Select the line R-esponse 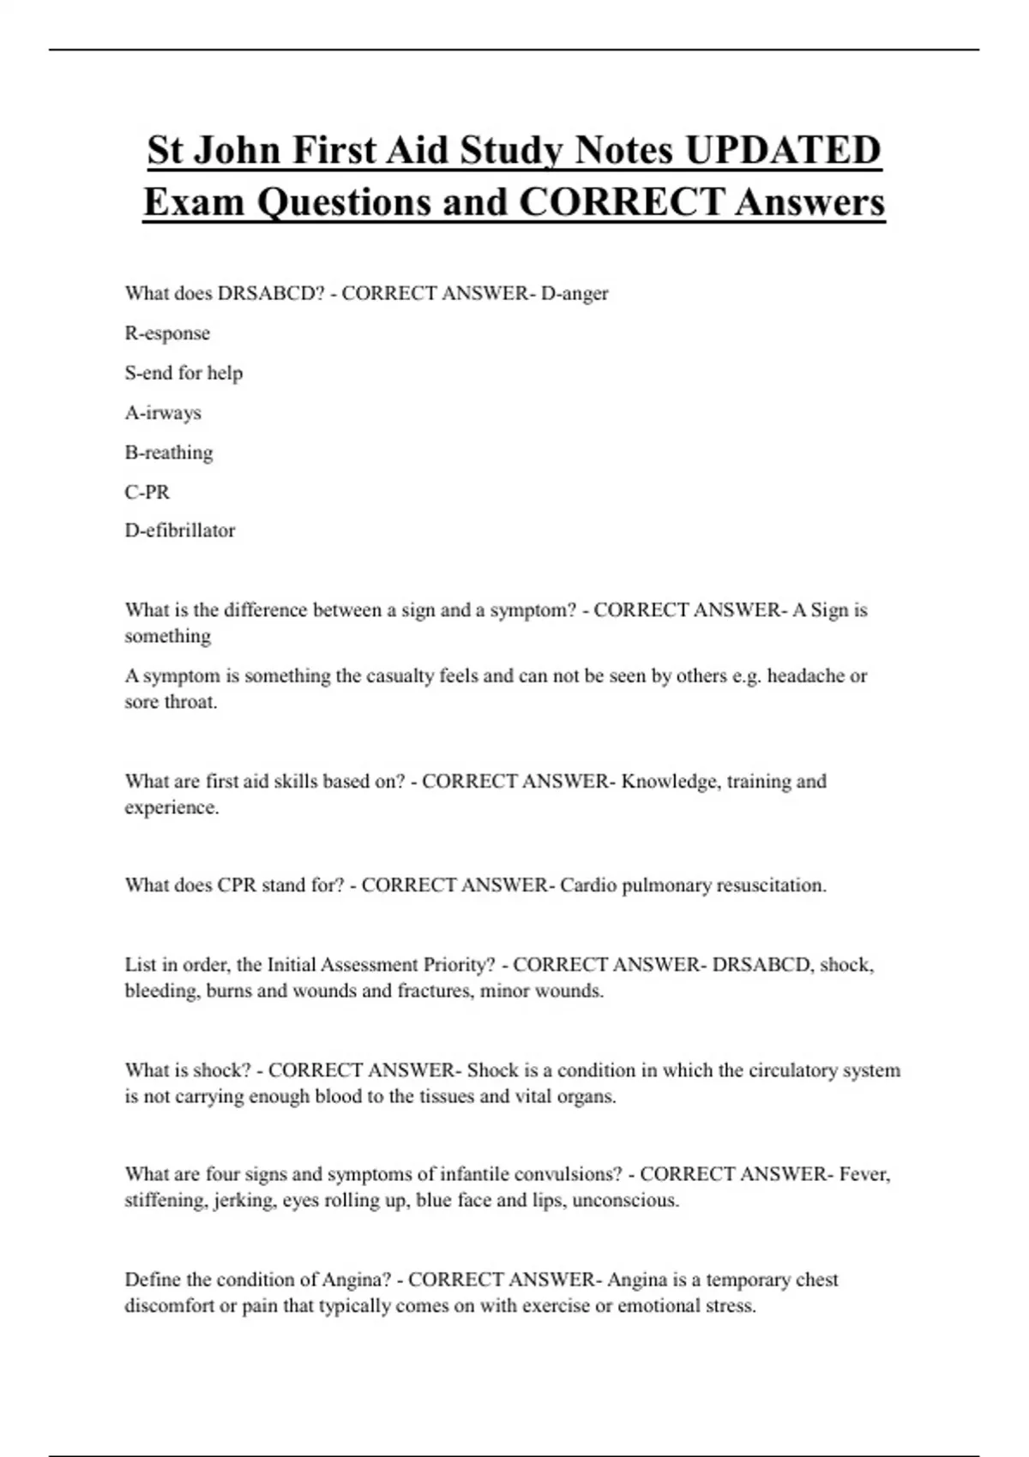(167, 333)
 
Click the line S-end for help (184, 373)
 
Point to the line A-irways (163, 412)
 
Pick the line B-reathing (169, 452)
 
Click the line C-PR (147, 492)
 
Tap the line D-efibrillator (180, 531)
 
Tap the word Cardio (588, 884)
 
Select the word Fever (864, 1173)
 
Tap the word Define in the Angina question (153, 1280)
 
